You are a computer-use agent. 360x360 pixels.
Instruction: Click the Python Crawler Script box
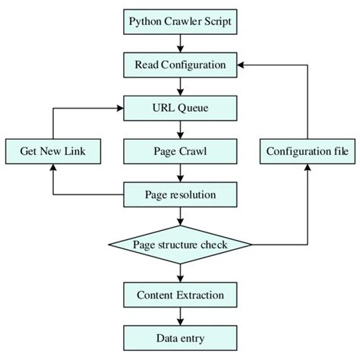180,22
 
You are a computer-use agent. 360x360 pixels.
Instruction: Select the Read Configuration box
180,65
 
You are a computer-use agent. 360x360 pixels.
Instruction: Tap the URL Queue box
180,107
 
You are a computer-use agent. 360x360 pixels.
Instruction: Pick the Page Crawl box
180,151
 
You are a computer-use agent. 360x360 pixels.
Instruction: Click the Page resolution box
180,194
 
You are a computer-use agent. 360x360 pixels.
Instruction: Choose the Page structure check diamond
180,245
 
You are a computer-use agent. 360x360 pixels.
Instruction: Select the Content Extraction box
180,295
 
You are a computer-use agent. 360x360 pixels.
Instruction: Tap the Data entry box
180,337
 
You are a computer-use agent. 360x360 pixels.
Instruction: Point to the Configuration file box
308,151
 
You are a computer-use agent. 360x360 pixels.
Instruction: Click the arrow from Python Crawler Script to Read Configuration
180,43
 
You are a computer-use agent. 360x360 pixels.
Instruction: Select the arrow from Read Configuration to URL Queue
180,86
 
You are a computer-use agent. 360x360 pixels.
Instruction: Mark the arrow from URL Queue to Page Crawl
180,129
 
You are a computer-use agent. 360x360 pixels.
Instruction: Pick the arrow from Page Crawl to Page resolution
180,173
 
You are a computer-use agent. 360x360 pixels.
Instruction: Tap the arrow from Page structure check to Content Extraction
180,272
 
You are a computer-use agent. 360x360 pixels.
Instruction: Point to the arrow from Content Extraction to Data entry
180,316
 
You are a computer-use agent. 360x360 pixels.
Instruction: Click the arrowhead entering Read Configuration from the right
242,65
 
